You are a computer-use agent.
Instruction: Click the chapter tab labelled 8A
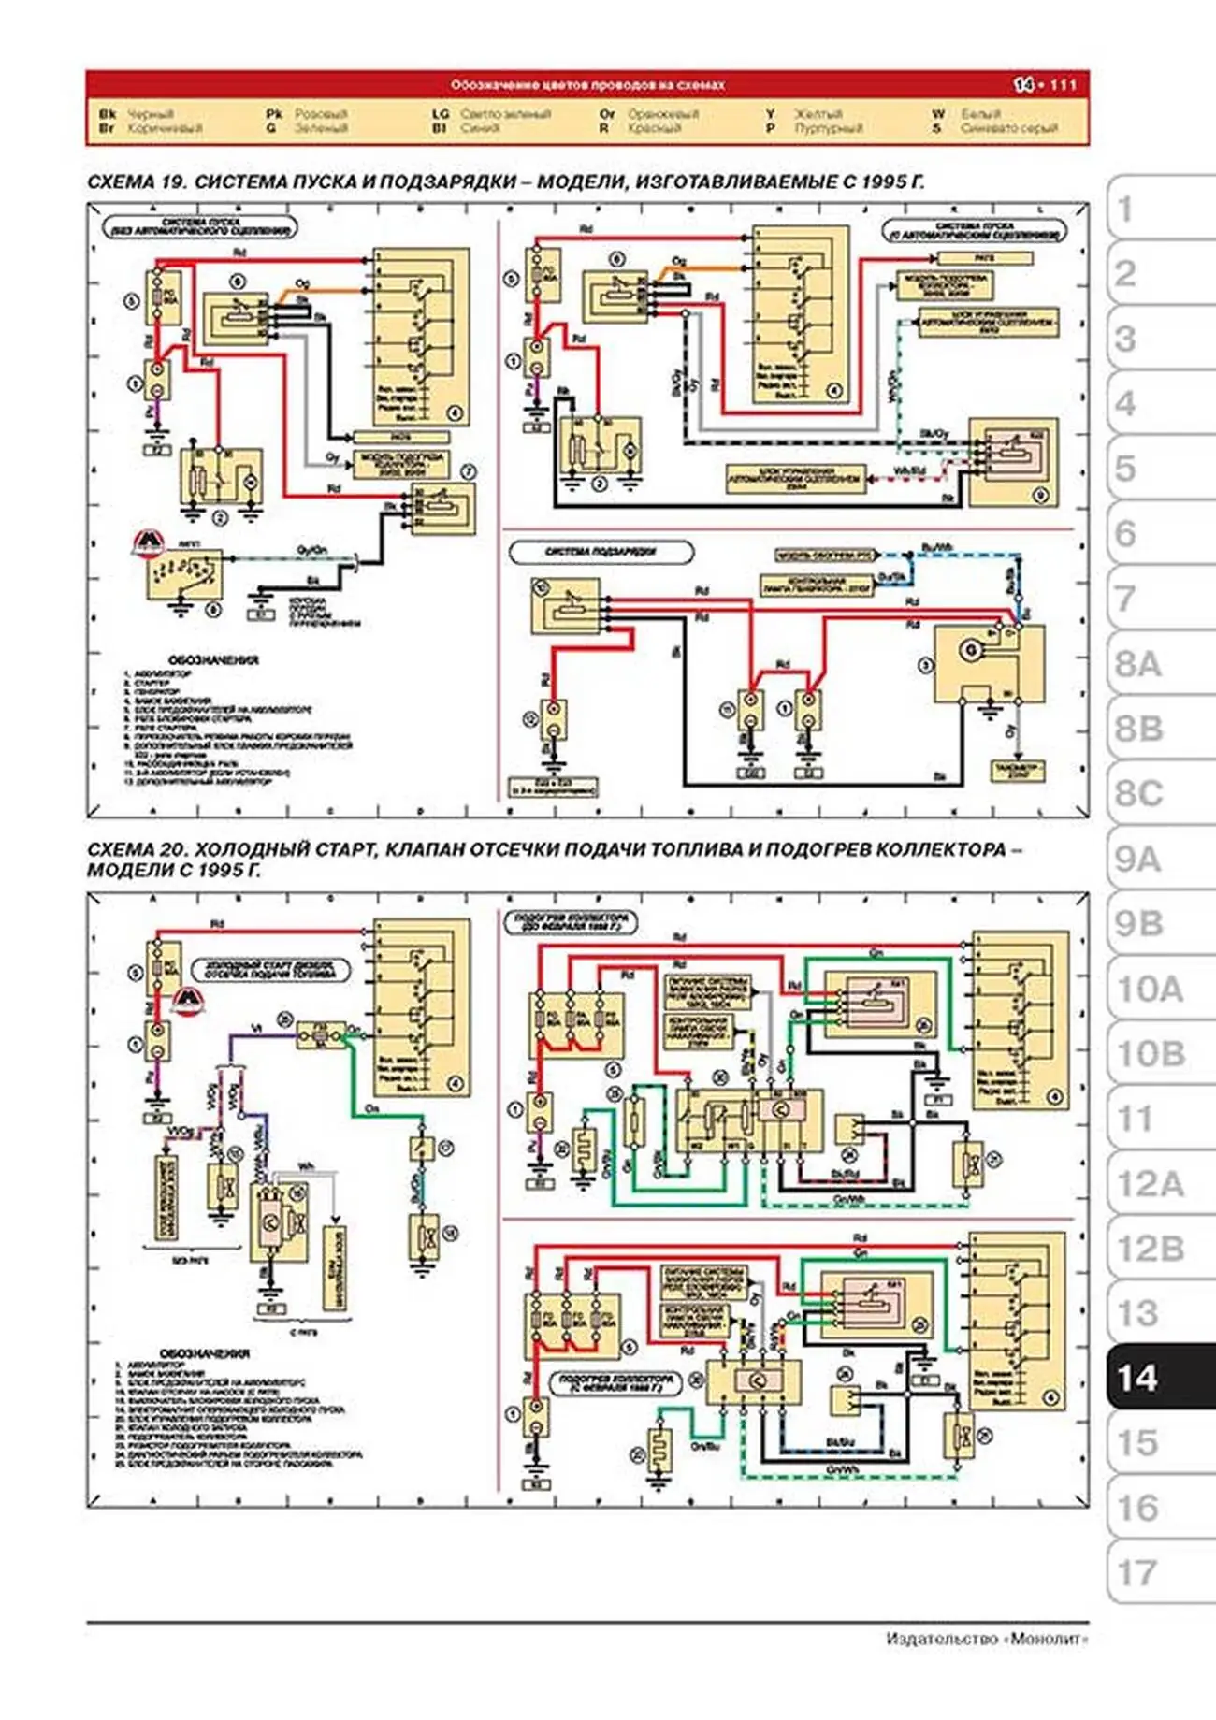1137,665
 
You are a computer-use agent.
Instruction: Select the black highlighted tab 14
1137,1378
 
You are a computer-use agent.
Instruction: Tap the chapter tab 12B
1150,1249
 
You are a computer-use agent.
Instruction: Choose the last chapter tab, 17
1137,1573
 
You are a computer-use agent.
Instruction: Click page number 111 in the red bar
1063,85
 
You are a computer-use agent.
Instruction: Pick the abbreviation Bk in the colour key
107,114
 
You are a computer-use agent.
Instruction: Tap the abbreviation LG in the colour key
441,114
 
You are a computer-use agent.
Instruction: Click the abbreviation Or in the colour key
607,114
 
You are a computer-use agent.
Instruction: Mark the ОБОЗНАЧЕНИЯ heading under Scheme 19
213,660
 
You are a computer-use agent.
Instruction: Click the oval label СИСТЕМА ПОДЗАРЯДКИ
601,552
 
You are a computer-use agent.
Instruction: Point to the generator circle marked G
970,649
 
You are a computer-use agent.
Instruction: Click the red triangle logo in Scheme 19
148,544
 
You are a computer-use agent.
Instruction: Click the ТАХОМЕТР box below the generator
1018,771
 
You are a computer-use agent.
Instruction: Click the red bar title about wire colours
587,85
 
